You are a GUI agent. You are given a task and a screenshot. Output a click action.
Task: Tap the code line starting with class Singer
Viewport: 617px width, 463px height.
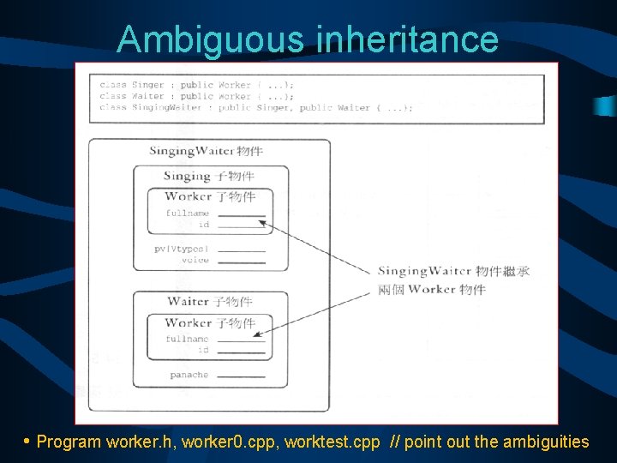click(x=197, y=85)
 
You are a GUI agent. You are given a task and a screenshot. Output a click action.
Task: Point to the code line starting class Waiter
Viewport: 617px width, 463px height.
click(x=197, y=96)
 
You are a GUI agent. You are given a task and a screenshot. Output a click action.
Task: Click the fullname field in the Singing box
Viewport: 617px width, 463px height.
click(x=187, y=213)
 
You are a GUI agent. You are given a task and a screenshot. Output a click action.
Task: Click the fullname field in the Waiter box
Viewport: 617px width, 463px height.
click(x=187, y=339)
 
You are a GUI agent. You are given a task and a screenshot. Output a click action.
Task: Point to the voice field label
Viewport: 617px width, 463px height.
click(x=195, y=260)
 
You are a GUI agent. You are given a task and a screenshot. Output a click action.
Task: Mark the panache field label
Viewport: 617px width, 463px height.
click(x=189, y=375)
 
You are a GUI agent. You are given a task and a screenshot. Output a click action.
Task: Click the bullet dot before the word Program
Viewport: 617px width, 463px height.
click(x=27, y=441)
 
